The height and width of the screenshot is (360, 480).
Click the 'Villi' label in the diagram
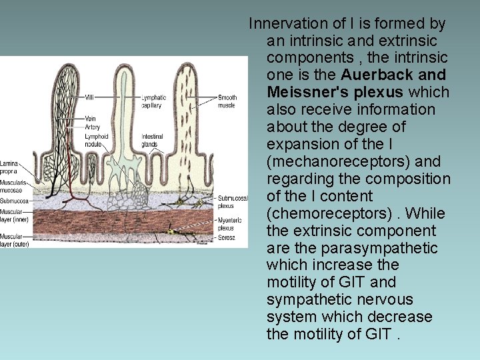pos(89,98)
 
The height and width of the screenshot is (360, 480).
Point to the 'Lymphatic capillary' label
pos(154,101)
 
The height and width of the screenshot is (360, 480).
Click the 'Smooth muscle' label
pos(227,101)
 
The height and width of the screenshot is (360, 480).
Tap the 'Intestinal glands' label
pos(152,141)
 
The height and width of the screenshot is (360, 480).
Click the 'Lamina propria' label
pos(9,167)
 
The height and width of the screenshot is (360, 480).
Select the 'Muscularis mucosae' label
pos(11,186)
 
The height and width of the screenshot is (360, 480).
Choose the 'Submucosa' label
pos(13,201)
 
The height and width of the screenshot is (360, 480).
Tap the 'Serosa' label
pos(226,237)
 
